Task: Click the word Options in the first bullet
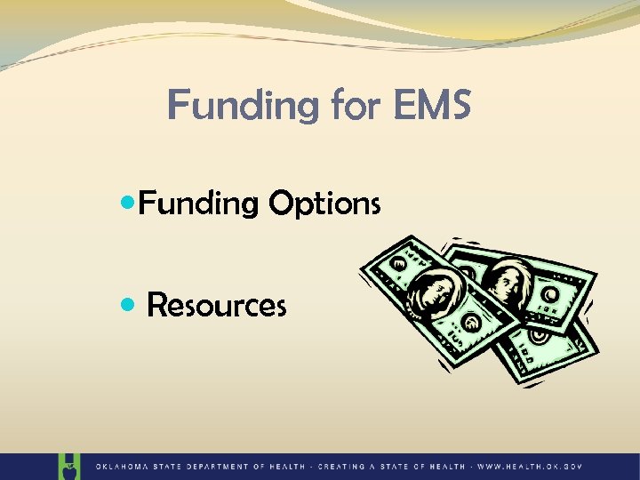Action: coord(324,204)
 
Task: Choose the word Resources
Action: coord(216,306)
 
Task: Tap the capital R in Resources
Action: coord(156,306)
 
